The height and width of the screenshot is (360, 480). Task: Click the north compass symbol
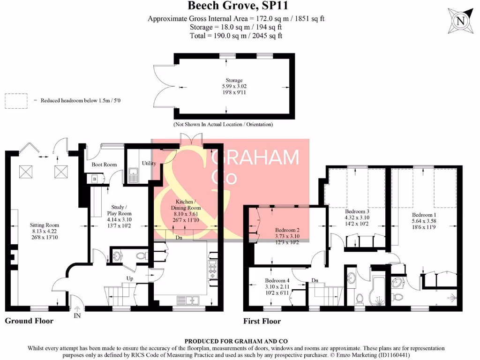[x=461, y=21]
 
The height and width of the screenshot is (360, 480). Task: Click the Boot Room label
[x=104, y=165]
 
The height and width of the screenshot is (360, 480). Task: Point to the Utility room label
[x=149, y=164]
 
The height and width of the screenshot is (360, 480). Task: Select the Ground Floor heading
[x=29, y=321]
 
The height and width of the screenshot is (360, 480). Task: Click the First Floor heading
[x=262, y=321]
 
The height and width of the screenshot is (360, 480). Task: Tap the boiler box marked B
[x=95, y=179]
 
